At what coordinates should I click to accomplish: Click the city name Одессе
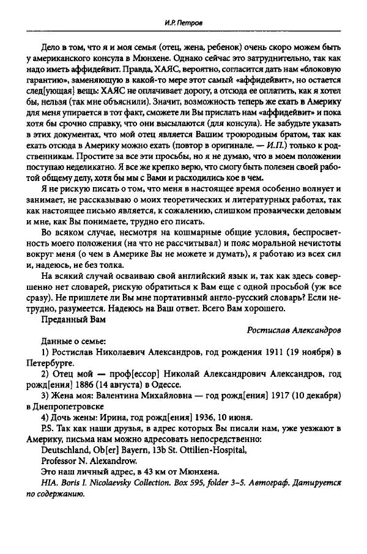pyautogui.click(x=163, y=384)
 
